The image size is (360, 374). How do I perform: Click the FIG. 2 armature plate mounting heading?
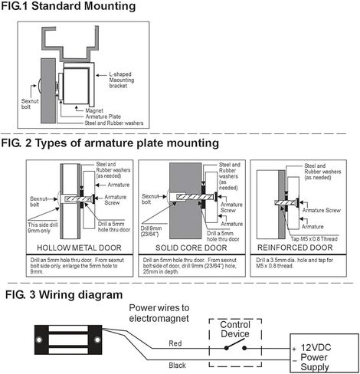point(110,143)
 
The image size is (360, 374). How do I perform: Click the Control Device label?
point(234,329)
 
